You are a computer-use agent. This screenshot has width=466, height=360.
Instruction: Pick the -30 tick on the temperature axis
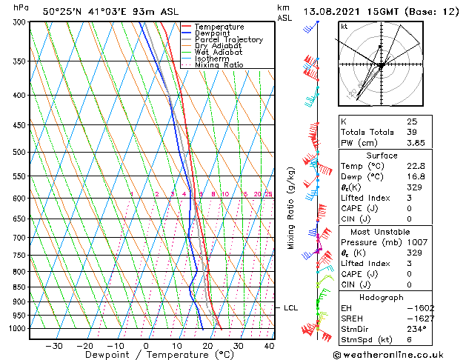pos(54,346)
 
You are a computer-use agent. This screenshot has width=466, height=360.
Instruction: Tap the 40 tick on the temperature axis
pos(269,346)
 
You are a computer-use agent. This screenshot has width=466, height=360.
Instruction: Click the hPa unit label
pos(21,7)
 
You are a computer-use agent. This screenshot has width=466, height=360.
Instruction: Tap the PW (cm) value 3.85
pos(416,143)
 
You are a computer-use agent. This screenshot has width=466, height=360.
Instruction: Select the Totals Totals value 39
pos(411,132)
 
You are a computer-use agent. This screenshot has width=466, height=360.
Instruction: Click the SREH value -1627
pos(420,319)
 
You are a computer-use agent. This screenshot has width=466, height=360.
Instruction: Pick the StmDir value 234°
pos(416,330)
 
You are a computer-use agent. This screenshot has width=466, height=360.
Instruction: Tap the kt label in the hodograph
pos(344,27)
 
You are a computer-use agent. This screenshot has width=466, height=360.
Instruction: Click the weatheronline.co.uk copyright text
pos(399,355)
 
